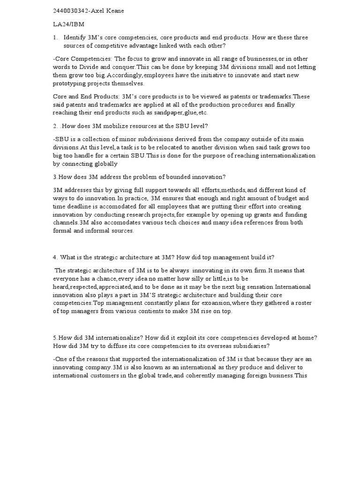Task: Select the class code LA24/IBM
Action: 68,24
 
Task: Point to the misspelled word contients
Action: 150,311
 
